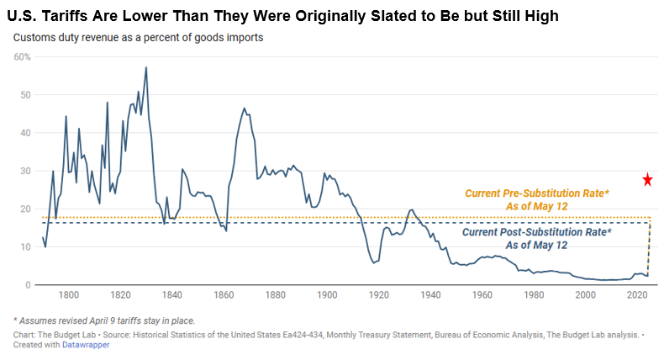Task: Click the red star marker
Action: point(648,179)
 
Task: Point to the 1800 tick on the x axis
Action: point(69,295)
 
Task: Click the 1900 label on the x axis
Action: point(328,295)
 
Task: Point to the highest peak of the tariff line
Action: point(146,67)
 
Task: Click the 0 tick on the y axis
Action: point(28,285)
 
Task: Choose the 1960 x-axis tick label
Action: point(482,295)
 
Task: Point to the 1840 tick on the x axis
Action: point(172,295)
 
